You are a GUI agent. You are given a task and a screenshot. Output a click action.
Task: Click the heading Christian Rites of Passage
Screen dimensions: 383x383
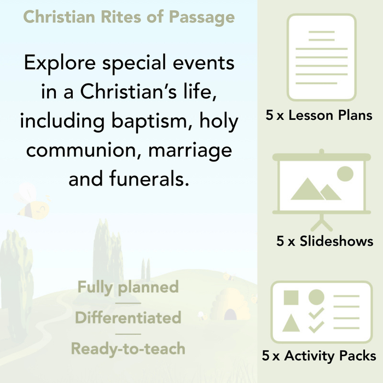[129, 17]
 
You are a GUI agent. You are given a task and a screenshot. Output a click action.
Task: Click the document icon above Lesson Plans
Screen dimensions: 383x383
[322, 57]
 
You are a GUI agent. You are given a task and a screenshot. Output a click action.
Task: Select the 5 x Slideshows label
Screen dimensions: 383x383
[325, 241]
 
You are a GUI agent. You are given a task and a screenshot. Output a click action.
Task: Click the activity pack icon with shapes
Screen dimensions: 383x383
[322, 312]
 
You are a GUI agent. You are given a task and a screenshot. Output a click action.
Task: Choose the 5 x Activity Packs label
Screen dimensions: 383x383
[319, 356]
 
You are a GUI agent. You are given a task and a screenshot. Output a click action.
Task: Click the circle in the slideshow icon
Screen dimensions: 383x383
[345, 174]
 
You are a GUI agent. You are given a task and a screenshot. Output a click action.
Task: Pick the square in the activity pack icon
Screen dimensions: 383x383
[291, 298]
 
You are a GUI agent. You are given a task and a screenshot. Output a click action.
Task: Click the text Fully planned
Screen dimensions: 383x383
[128, 287]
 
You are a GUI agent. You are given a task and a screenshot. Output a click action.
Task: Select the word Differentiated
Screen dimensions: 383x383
[128, 317]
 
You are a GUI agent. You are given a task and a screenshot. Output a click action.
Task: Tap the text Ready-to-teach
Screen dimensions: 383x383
[128, 348]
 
